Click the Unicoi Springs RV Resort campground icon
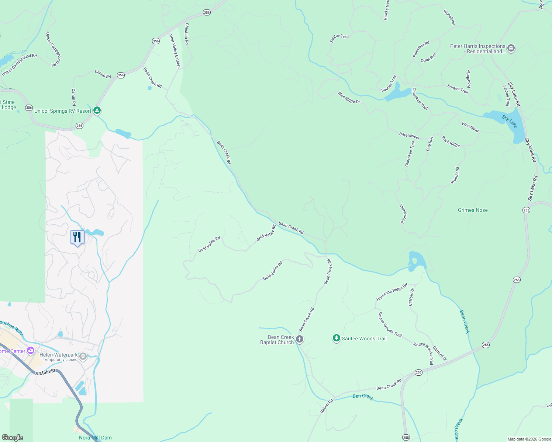97,110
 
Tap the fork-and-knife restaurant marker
77,237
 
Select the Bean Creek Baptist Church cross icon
300,339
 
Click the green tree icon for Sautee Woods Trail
336,338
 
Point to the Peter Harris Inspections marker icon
511,48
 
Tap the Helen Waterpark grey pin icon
83,356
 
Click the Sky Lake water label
510,121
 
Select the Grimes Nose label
473,210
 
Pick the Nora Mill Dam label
95,438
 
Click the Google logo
13,438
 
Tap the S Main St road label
45,372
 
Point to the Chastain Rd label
187,34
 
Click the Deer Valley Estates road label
175,51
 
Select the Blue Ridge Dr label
349,98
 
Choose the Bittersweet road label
409,136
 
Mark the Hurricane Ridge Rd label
391,292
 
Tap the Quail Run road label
428,57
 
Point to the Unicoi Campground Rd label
19,65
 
